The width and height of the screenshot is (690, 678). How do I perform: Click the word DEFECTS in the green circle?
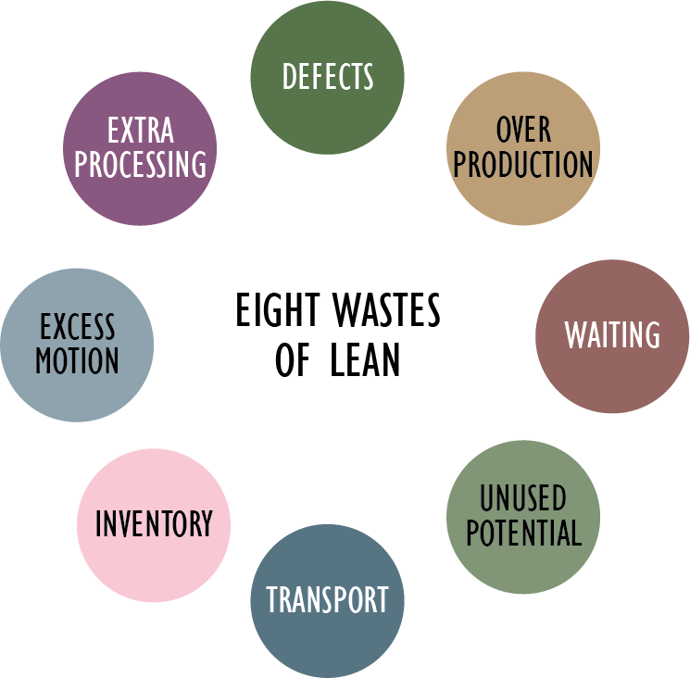(x=328, y=76)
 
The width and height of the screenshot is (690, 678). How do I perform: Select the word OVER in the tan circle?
(x=523, y=129)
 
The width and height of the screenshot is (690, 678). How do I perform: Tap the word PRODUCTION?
(x=523, y=164)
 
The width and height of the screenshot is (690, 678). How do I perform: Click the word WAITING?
(x=612, y=334)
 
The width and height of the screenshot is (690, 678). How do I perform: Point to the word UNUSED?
(x=522, y=498)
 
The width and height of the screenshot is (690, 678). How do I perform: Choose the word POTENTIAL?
(x=523, y=533)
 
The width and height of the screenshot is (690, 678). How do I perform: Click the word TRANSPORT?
(x=327, y=599)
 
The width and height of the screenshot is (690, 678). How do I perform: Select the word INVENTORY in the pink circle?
(x=154, y=524)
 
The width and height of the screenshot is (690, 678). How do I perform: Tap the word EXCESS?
(x=77, y=326)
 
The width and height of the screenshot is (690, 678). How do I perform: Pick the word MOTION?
(x=77, y=360)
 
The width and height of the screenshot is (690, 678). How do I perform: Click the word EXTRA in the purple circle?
(x=140, y=130)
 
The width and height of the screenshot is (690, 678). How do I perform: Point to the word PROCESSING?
(x=141, y=164)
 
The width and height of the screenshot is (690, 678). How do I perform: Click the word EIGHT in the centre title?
(x=270, y=312)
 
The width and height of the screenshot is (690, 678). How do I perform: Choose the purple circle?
(x=141, y=199)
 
